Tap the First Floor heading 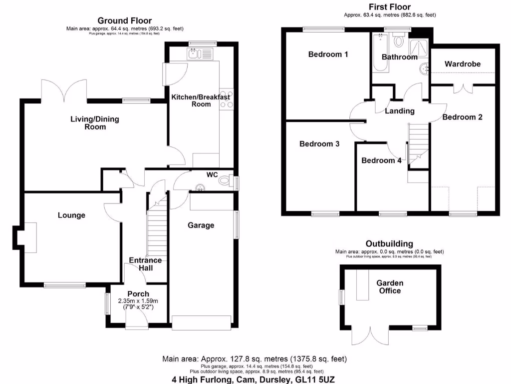(389, 7)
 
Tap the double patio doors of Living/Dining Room (65, 90)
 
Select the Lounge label (71, 215)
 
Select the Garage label (201, 225)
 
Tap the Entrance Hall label (145, 264)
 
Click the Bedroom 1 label (328, 54)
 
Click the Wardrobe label (463, 64)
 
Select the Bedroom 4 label (381, 160)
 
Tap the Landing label (400, 111)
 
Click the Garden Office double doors (371, 336)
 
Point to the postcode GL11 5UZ (314, 379)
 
